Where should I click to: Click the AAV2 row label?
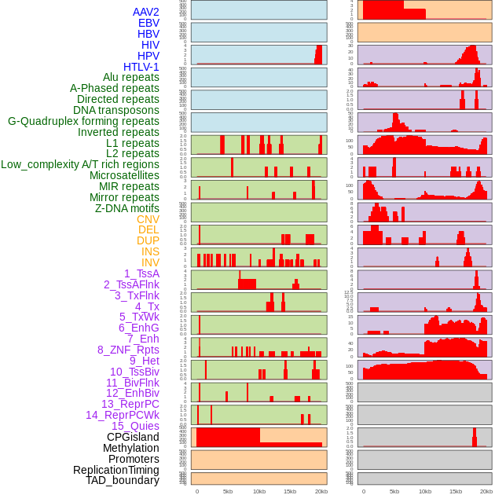(146, 12)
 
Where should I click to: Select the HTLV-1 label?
(141, 67)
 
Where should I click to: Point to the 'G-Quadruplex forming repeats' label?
(83, 121)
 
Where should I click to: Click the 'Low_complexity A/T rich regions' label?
(80, 164)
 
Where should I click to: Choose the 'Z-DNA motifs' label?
(127, 208)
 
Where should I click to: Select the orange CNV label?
(148, 219)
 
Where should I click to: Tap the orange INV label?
(150, 262)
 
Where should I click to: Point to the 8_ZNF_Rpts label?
(128, 350)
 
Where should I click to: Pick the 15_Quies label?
(135, 426)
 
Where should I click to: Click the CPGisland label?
(133, 437)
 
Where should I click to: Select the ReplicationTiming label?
(116, 470)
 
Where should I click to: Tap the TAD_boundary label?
(123, 480)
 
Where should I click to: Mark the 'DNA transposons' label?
(116, 110)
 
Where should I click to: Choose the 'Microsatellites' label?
(124, 175)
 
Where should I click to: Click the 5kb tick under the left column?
(228, 491)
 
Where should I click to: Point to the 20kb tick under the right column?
(486, 491)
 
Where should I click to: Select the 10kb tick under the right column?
(425, 491)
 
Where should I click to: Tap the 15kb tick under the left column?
(289, 491)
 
